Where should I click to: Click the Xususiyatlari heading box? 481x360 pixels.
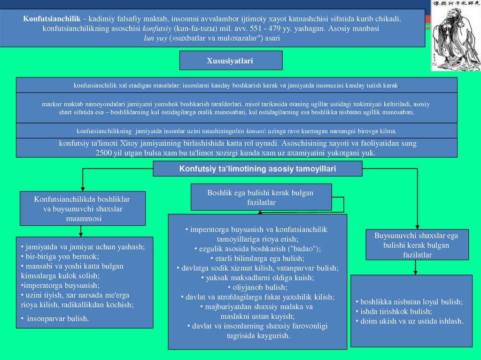tap(231, 61)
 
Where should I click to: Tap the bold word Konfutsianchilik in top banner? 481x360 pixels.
tap(52, 19)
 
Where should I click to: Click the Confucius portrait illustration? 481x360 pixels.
tap(456, 36)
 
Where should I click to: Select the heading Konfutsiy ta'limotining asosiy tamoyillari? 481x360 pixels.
tap(257, 169)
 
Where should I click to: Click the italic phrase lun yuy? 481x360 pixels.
tap(155, 38)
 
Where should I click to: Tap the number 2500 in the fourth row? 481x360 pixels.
tap(103, 153)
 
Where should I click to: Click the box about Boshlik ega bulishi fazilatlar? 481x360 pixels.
tap(261, 197)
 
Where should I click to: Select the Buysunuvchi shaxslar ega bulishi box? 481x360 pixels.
tap(417, 245)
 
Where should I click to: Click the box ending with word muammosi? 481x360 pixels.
tap(83, 208)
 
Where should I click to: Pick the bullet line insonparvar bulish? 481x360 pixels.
tap(55, 319)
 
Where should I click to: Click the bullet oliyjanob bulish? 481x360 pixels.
tap(258, 287)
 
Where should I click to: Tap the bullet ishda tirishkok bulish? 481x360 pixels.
tap(394, 312)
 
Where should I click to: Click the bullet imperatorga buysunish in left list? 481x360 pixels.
tap(60, 285)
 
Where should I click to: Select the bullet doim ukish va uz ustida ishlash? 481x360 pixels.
tap(410, 321)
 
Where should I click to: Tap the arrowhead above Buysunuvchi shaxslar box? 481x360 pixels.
tap(417, 227)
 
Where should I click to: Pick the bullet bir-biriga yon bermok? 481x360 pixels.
tap(60, 257)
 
